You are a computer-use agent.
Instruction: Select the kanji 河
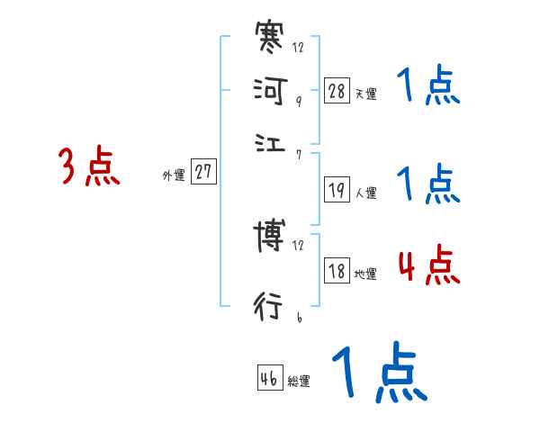point(270,91)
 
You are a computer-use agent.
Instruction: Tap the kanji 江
point(270,142)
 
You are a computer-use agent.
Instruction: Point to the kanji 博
point(270,238)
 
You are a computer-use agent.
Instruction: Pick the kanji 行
point(270,306)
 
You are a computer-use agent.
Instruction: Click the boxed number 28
point(337,91)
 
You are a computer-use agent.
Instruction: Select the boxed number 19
point(337,189)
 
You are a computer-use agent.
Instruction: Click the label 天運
point(366,94)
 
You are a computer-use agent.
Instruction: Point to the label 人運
point(366,192)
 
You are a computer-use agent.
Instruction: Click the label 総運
point(299,381)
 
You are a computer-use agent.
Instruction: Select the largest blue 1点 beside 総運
point(378,373)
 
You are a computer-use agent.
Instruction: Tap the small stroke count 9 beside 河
point(297,102)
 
